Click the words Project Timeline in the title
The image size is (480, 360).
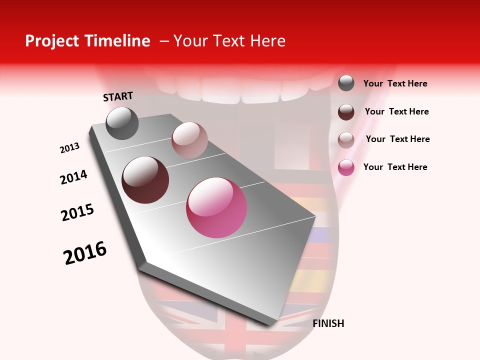tap(87, 41)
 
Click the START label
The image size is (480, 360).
tap(118, 96)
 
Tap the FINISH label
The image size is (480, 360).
tap(328, 323)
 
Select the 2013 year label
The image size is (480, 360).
tap(69, 148)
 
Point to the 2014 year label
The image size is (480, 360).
tap(73, 177)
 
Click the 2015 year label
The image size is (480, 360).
tap(77, 212)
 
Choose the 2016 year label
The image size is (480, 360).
tap(85, 253)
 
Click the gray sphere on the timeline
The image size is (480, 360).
tap(122, 123)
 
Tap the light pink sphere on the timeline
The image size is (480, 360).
tap(189, 139)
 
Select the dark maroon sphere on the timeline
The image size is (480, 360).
tap(145, 180)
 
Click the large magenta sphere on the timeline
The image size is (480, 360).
tap(216, 207)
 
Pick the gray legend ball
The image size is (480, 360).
tap(346, 83)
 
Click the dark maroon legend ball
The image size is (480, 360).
tap(346, 111)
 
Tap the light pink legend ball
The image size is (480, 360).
tap(346, 139)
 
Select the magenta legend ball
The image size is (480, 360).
tap(346, 167)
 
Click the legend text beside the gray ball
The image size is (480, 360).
tap(395, 83)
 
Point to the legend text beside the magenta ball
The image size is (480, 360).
tap(395, 167)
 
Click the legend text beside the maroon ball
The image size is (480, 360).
tap(396, 111)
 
